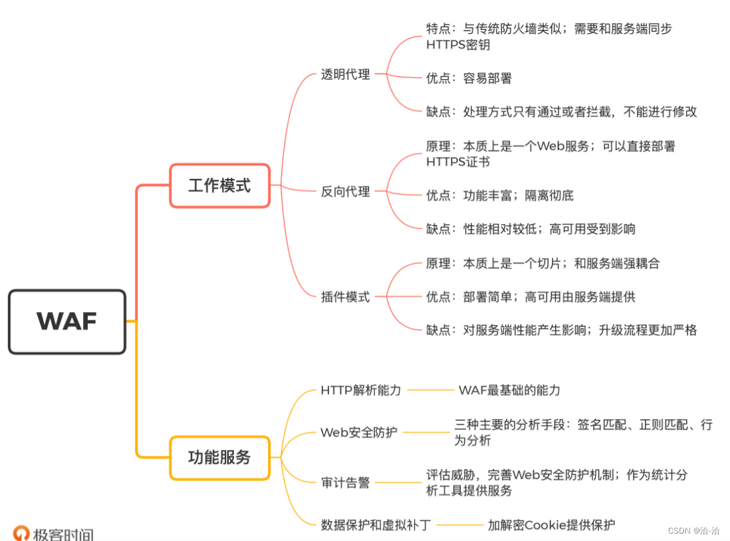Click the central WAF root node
tap(66, 321)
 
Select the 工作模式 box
tap(219, 186)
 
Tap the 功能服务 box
tap(219, 458)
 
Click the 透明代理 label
tap(345, 75)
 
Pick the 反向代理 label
tap(345, 192)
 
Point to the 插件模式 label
tap(345, 297)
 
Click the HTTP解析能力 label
tap(361, 390)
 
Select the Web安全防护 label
tap(359, 432)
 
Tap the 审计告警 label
tap(345, 482)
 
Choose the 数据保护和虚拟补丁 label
tap(376, 525)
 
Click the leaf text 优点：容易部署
tap(469, 79)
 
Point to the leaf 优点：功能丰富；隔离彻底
tap(499, 196)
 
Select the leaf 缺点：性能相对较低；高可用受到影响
tap(531, 229)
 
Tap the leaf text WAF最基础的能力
tap(509, 390)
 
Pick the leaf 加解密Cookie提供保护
tap(551, 525)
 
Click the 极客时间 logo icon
tap(22, 533)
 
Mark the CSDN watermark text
tap(693, 531)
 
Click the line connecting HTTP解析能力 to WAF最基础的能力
tap(430, 390)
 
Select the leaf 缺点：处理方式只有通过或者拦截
tap(561, 112)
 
